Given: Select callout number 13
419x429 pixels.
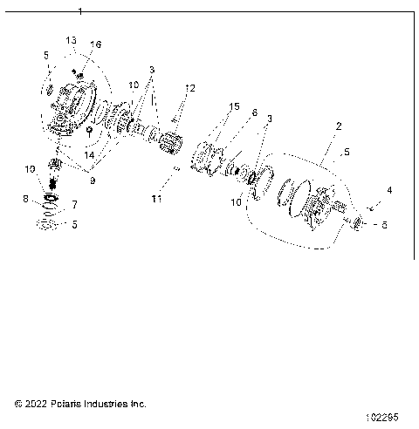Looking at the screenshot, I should click(x=72, y=41).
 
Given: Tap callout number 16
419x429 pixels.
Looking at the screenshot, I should click(x=96, y=44).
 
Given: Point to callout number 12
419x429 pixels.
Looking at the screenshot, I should click(x=190, y=87).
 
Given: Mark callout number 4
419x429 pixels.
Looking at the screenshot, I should click(x=390, y=189).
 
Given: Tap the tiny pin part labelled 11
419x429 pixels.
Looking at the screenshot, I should click(x=175, y=167).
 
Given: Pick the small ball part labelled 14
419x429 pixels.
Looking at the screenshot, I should click(x=89, y=132).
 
